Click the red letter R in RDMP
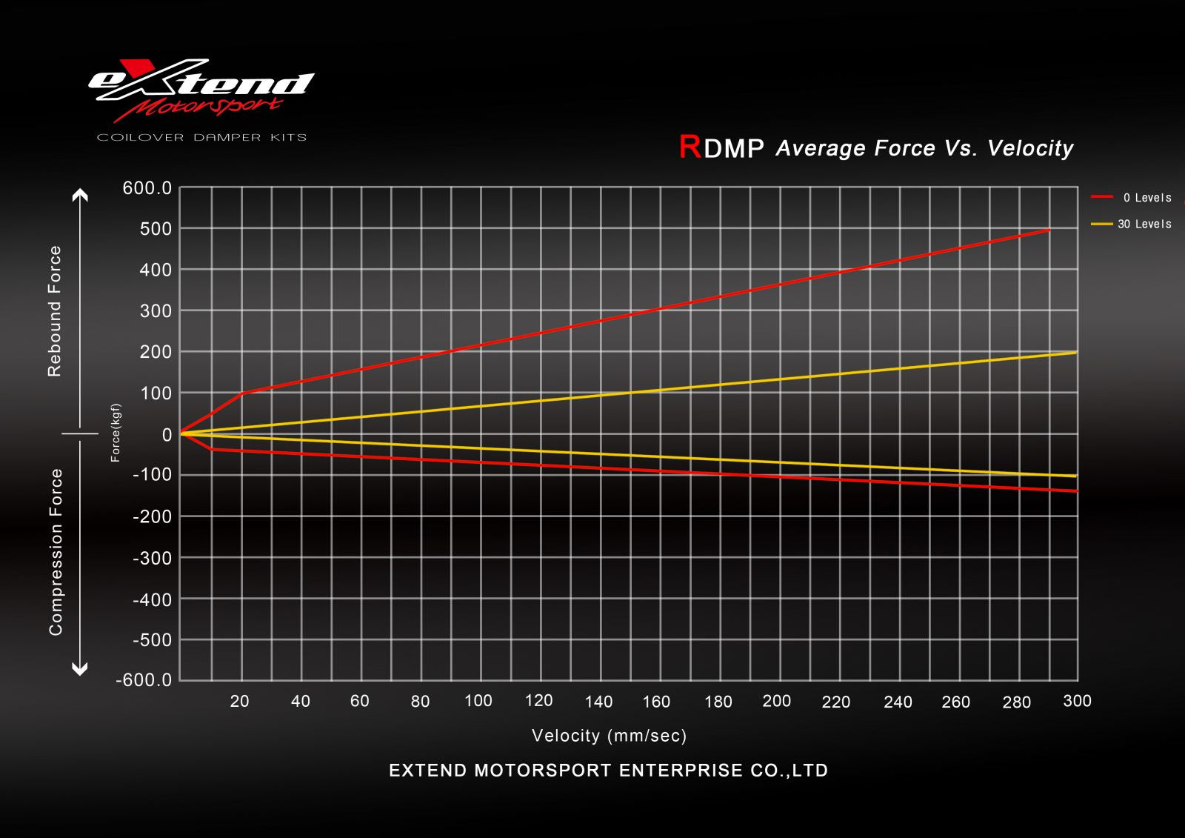click(690, 147)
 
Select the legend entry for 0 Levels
click(1132, 198)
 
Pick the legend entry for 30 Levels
click(1132, 224)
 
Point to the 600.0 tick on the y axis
click(147, 189)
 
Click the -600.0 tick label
click(144, 679)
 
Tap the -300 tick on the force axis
click(151, 557)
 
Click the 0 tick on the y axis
click(167, 434)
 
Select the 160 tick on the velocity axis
click(656, 702)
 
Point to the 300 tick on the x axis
click(1077, 701)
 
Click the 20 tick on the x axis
click(239, 702)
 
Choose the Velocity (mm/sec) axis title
click(609, 736)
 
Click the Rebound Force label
click(55, 311)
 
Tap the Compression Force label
click(56, 552)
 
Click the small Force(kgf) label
click(116, 433)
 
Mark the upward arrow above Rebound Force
click(79, 196)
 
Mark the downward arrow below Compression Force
click(79, 669)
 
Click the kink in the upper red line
click(242, 393)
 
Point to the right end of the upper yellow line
click(1075, 353)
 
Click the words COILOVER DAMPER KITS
click(201, 138)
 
